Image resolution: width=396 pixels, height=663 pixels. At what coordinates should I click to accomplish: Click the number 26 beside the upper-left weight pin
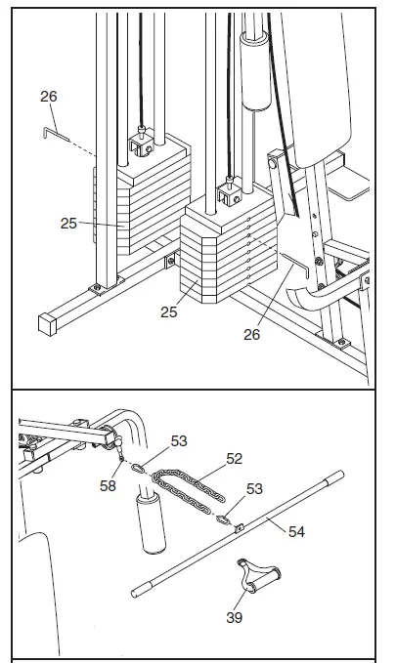(50, 96)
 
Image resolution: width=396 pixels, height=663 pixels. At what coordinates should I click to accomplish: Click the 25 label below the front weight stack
(171, 312)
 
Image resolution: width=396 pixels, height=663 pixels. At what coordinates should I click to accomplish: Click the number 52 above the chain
(235, 457)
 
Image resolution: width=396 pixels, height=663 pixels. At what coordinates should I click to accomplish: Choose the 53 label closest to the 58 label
(178, 442)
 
